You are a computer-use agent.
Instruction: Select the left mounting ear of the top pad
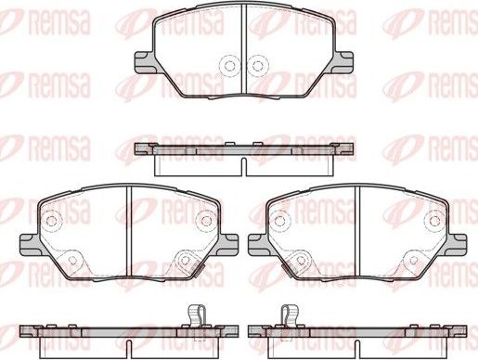tap(144, 63)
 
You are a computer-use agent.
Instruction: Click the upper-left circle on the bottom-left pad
tap(53, 222)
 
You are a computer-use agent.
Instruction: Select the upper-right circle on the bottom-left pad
tap(204, 220)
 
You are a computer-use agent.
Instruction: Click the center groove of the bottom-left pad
tap(129, 227)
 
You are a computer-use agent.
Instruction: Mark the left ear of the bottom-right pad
tap(258, 242)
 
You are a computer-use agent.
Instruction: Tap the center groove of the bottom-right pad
tap(358, 227)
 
